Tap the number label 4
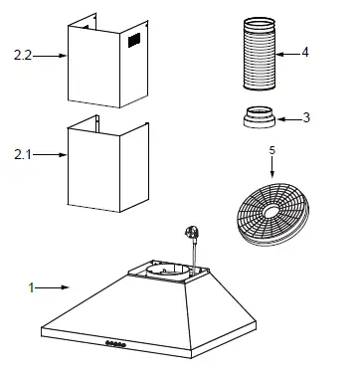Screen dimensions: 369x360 pyautogui.click(x=305, y=51)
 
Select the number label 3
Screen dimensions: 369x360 pyautogui.click(x=306, y=117)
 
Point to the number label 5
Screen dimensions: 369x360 pyautogui.click(x=272, y=151)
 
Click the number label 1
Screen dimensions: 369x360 pyautogui.click(x=32, y=288)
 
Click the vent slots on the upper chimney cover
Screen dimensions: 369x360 pyautogui.click(x=132, y=41)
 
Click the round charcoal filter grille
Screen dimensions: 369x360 pyautogui.click(x=267, y=210)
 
